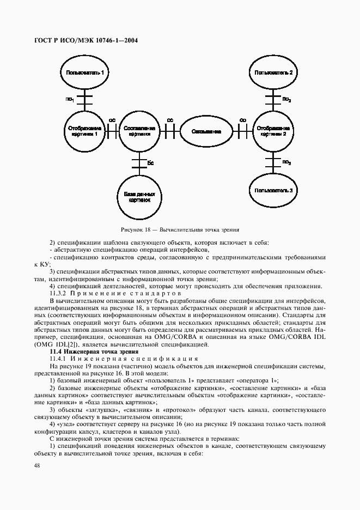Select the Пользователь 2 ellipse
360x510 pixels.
coord(274,72)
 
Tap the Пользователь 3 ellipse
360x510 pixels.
coord(274,190)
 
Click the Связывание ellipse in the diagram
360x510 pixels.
coord(207,131)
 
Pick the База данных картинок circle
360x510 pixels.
coord(140,196)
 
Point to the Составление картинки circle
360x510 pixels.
coord(140,131)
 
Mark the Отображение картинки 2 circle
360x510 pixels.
coord(274,131)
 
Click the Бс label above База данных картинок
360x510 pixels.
coord(151,162)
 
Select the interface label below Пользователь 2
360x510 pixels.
coord(286,100)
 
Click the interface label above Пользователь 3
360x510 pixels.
coord(286,162)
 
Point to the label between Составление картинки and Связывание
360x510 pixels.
coord(170,119)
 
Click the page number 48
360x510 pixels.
coord(37,465)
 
